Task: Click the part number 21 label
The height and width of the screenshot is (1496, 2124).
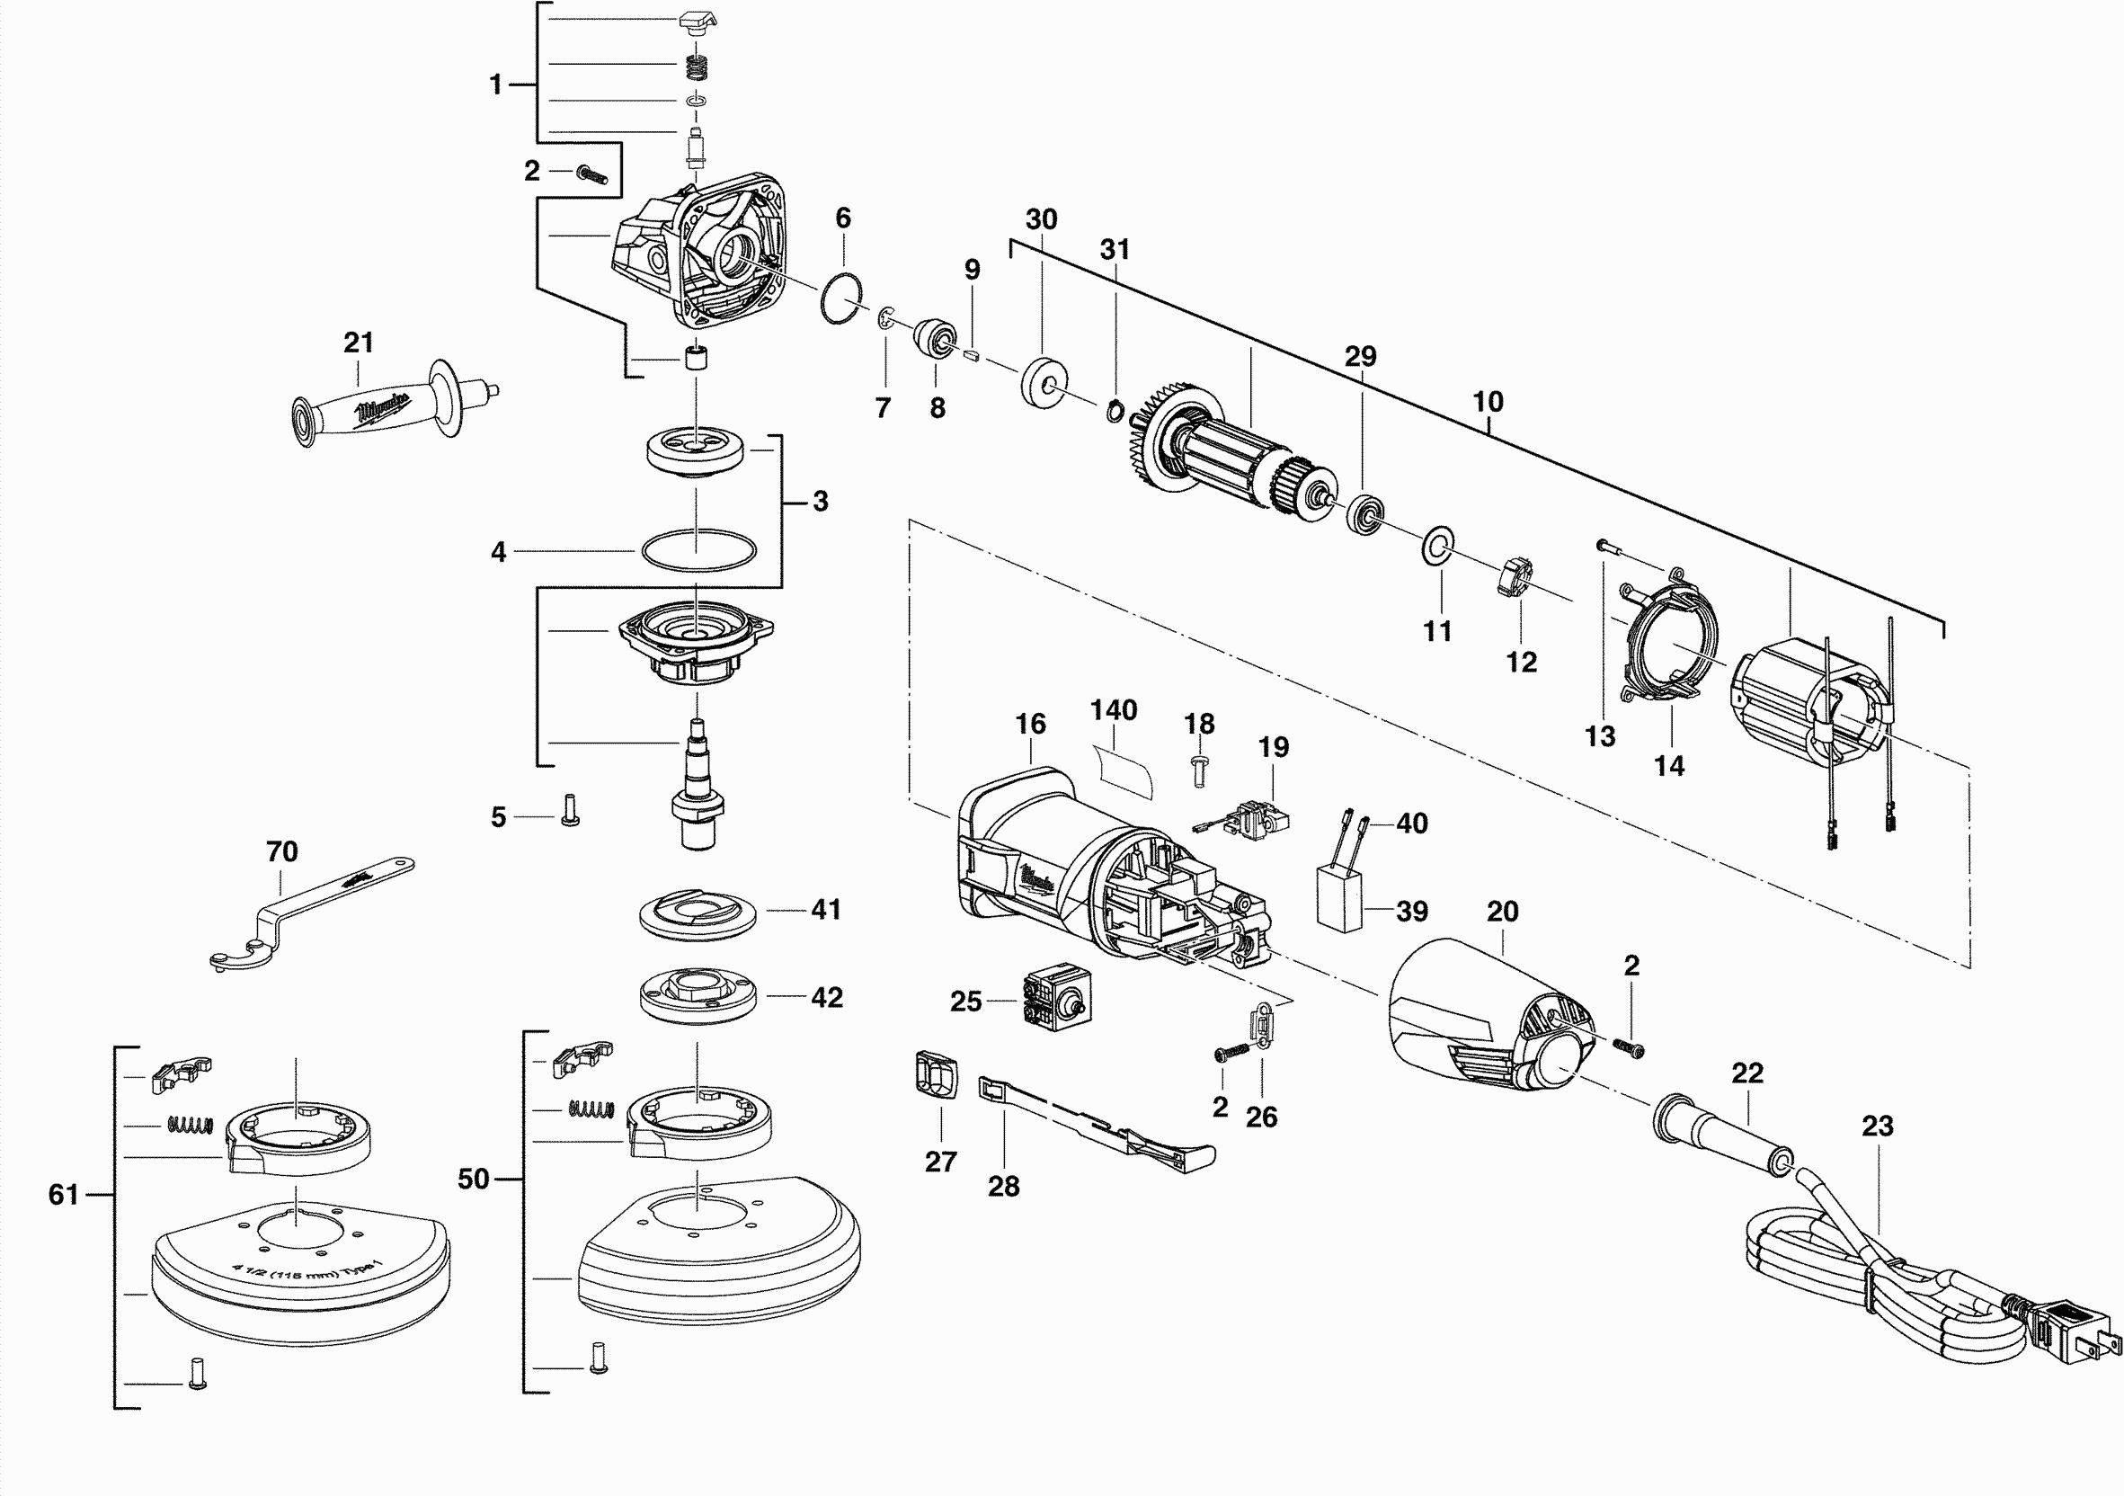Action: pos(358,343)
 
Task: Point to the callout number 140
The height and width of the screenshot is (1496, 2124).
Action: pos(1113,710)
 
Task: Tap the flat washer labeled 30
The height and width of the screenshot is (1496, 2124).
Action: pos(1044,378)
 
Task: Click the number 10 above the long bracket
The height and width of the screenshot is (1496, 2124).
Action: pos(1488,402)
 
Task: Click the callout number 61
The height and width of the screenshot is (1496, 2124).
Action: pos(63,1195)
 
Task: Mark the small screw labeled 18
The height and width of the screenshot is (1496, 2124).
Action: pos(1200,768)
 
